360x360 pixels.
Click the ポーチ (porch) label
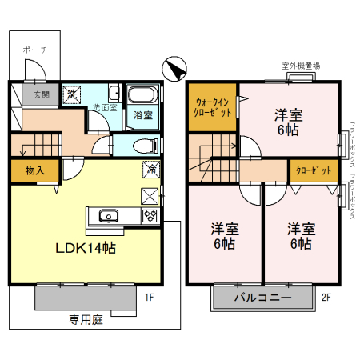35,50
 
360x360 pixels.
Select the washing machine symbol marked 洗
72,94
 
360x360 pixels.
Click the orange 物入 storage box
34,170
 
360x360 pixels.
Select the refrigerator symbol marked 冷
150,170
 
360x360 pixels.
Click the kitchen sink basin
108,215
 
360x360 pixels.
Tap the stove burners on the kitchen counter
150,215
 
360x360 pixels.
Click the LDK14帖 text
85,248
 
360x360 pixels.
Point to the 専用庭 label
86,319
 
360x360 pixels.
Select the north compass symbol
174,70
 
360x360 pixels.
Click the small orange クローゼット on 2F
312,170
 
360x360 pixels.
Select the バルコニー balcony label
262,298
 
